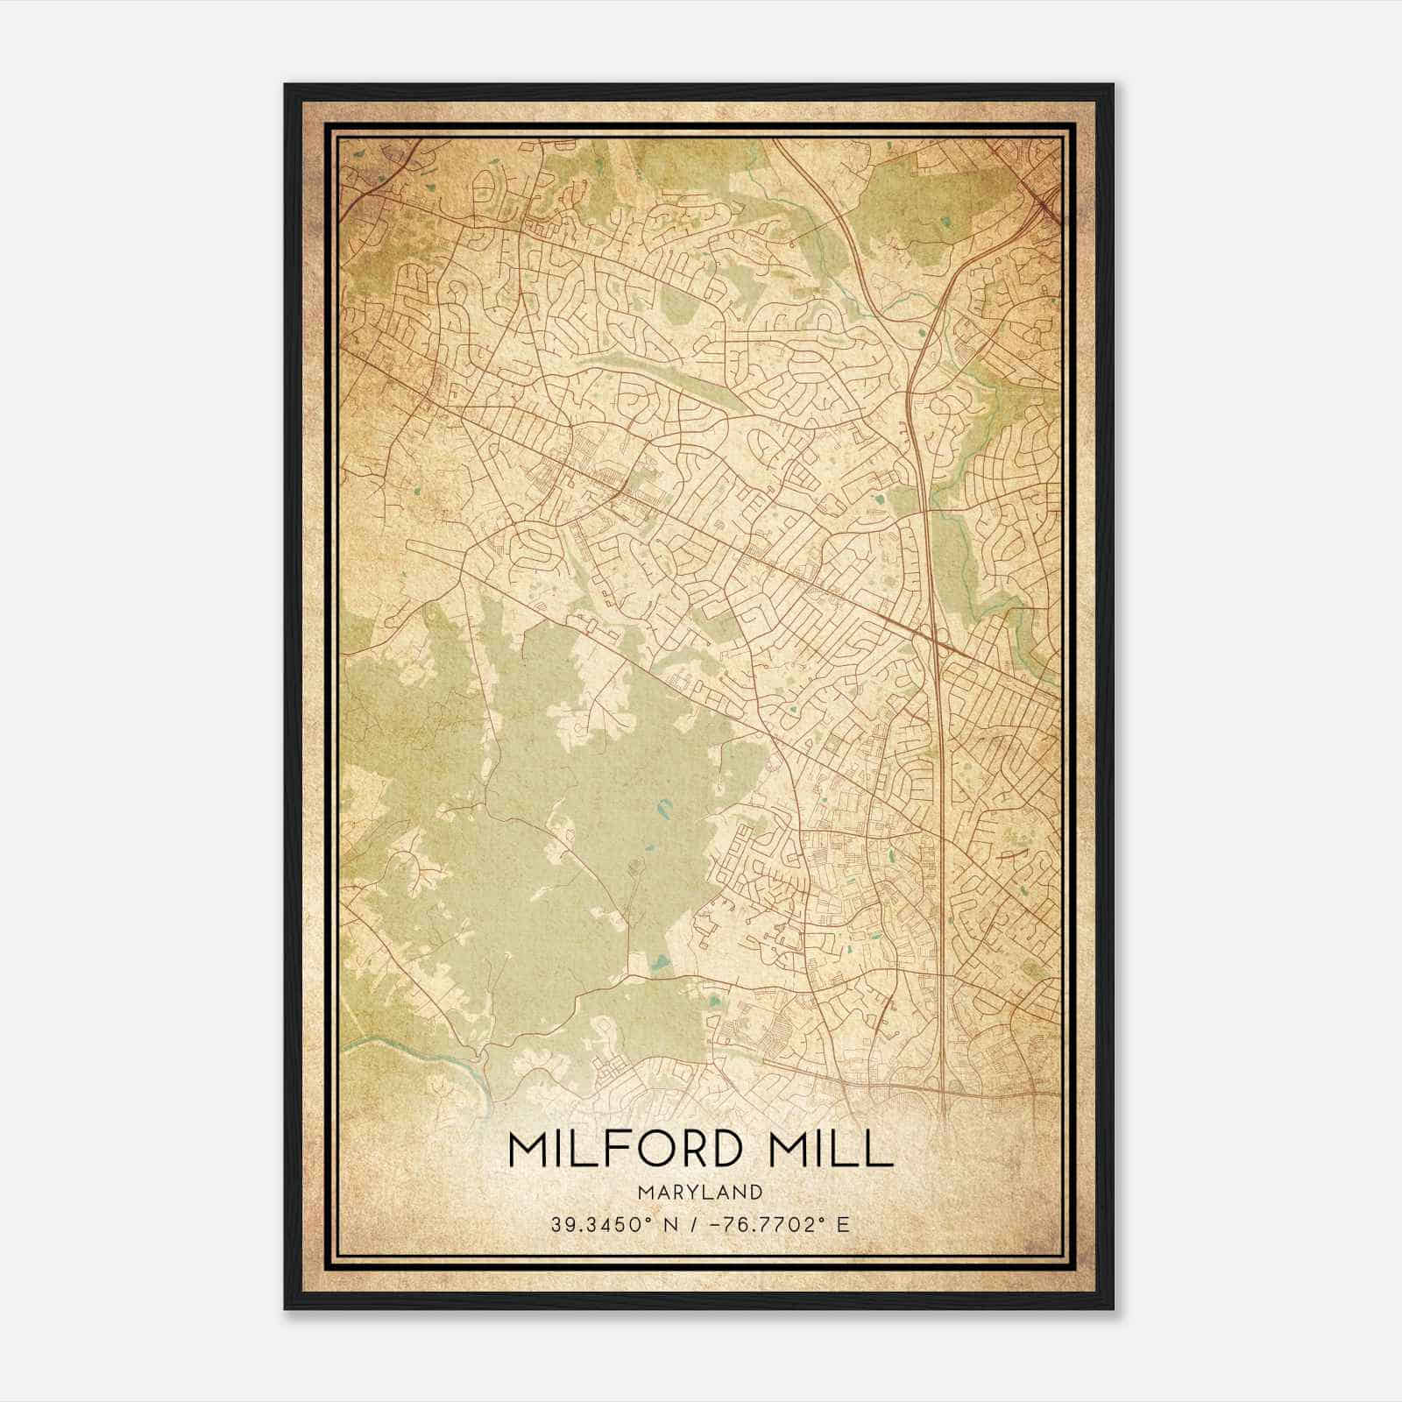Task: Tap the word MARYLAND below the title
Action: coord(699,1192)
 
